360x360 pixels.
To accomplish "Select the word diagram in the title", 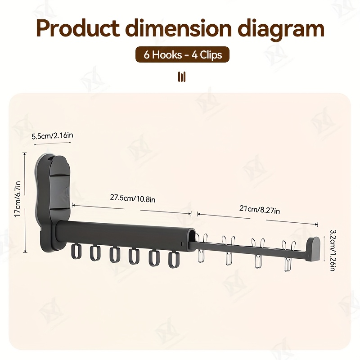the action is click(x=281, y=30).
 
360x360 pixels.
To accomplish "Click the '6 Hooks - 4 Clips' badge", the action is click(x=183, y=54).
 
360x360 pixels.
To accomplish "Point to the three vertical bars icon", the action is click(x=182, y=76).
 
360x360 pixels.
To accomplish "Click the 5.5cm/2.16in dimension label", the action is click(x=52, y=136).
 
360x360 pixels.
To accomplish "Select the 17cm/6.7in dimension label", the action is click(x=18, y=199).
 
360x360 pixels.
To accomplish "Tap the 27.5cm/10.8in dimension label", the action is click(x=132, y=198).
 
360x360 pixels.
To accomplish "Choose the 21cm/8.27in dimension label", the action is click(x=260, y=209).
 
